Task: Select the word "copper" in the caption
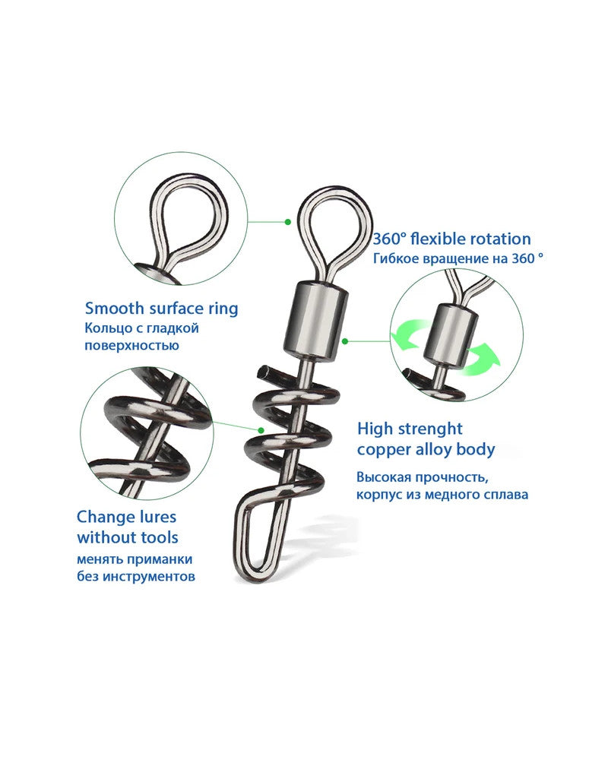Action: (x=381, y=450)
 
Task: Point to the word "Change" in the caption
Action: (x=104, y=517)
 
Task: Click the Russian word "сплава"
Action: (x=505, y=496)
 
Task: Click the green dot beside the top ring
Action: (x=288, y=222)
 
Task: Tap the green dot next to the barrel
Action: (x=345, y=342)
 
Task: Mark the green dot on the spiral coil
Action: (x=261, y=430)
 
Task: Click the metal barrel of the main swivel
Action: (x=315, y=321)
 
